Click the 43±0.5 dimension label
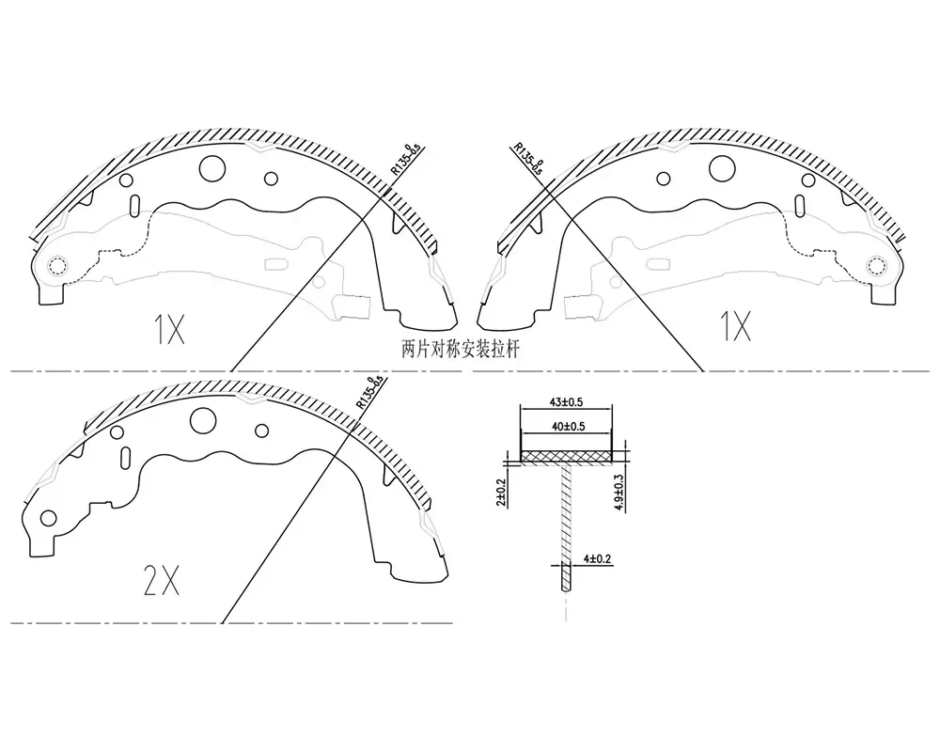(x=566, y=401)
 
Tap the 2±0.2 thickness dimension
(x=501, y=493)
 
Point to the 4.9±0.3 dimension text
(x=619, y=493)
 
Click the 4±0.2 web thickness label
(x=597, y=559)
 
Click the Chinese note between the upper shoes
(x=461, y=350)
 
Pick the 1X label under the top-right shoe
(x=735, y=326)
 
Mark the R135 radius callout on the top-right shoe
(x=528, y=158)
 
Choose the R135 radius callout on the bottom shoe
(x=368, y=392)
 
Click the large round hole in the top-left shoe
(x=212, y=168)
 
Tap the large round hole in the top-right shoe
(x=722, y=168)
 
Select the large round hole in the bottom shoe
(x=203, y=420)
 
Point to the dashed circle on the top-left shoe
(x=58, y=265)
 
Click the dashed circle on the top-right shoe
(x=876, y=265)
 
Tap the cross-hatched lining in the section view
(x=567, y=456)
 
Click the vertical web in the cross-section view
(x=567, y=526)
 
